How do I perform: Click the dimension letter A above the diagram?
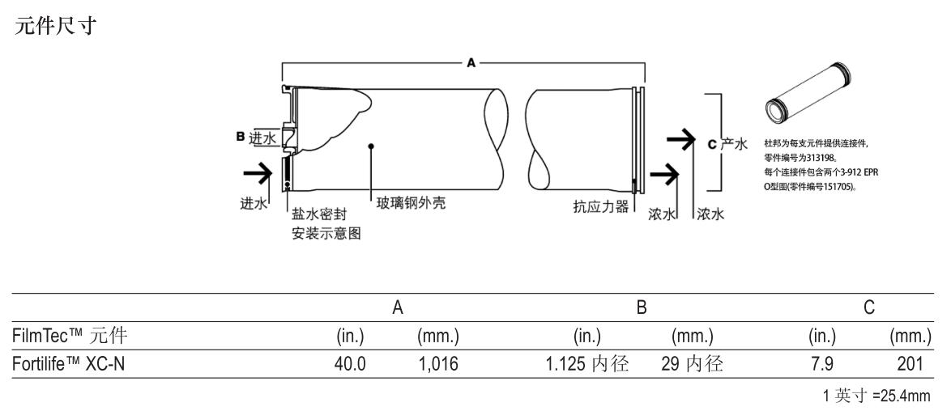click(471, 63)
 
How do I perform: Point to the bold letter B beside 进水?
click(241, 138)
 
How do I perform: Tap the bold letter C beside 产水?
click(712, 144)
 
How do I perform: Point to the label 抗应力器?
click(600, 206)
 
